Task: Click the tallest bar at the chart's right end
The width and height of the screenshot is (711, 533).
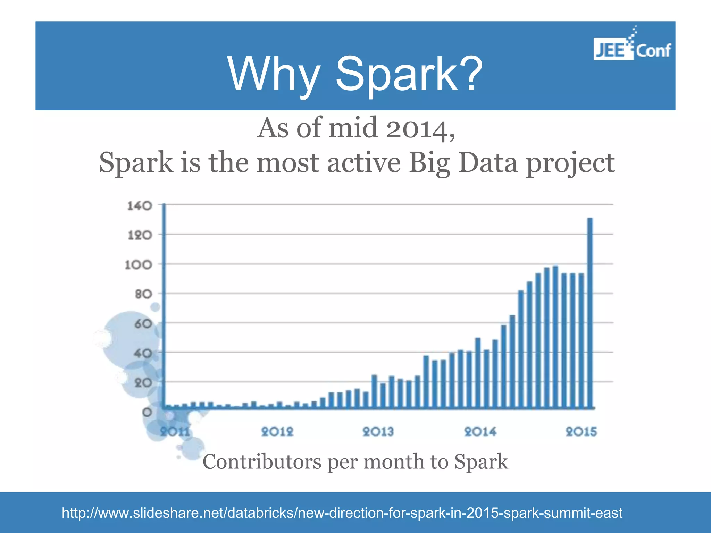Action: (589, 312)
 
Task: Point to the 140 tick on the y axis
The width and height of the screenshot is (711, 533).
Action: (140, 206)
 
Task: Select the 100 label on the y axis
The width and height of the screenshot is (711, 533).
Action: (139, 265)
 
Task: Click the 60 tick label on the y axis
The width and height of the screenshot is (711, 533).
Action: (143, 324)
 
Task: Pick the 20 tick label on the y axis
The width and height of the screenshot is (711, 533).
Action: (143, 383)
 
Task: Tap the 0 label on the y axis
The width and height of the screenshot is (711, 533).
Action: (147, 412)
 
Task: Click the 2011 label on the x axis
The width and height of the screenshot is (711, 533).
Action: (175, 432)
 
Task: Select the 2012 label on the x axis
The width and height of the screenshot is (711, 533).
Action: (277, 432)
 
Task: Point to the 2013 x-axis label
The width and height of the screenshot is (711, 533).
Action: (378, 432)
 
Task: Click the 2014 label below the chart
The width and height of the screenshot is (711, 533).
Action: (480, 432)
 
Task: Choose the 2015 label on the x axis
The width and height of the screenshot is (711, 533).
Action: (582, 432)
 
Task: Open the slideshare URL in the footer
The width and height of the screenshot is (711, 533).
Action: (342, 513)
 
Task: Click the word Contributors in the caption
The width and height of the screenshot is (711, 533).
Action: (262, 462)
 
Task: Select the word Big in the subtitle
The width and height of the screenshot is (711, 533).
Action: (429, 163)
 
